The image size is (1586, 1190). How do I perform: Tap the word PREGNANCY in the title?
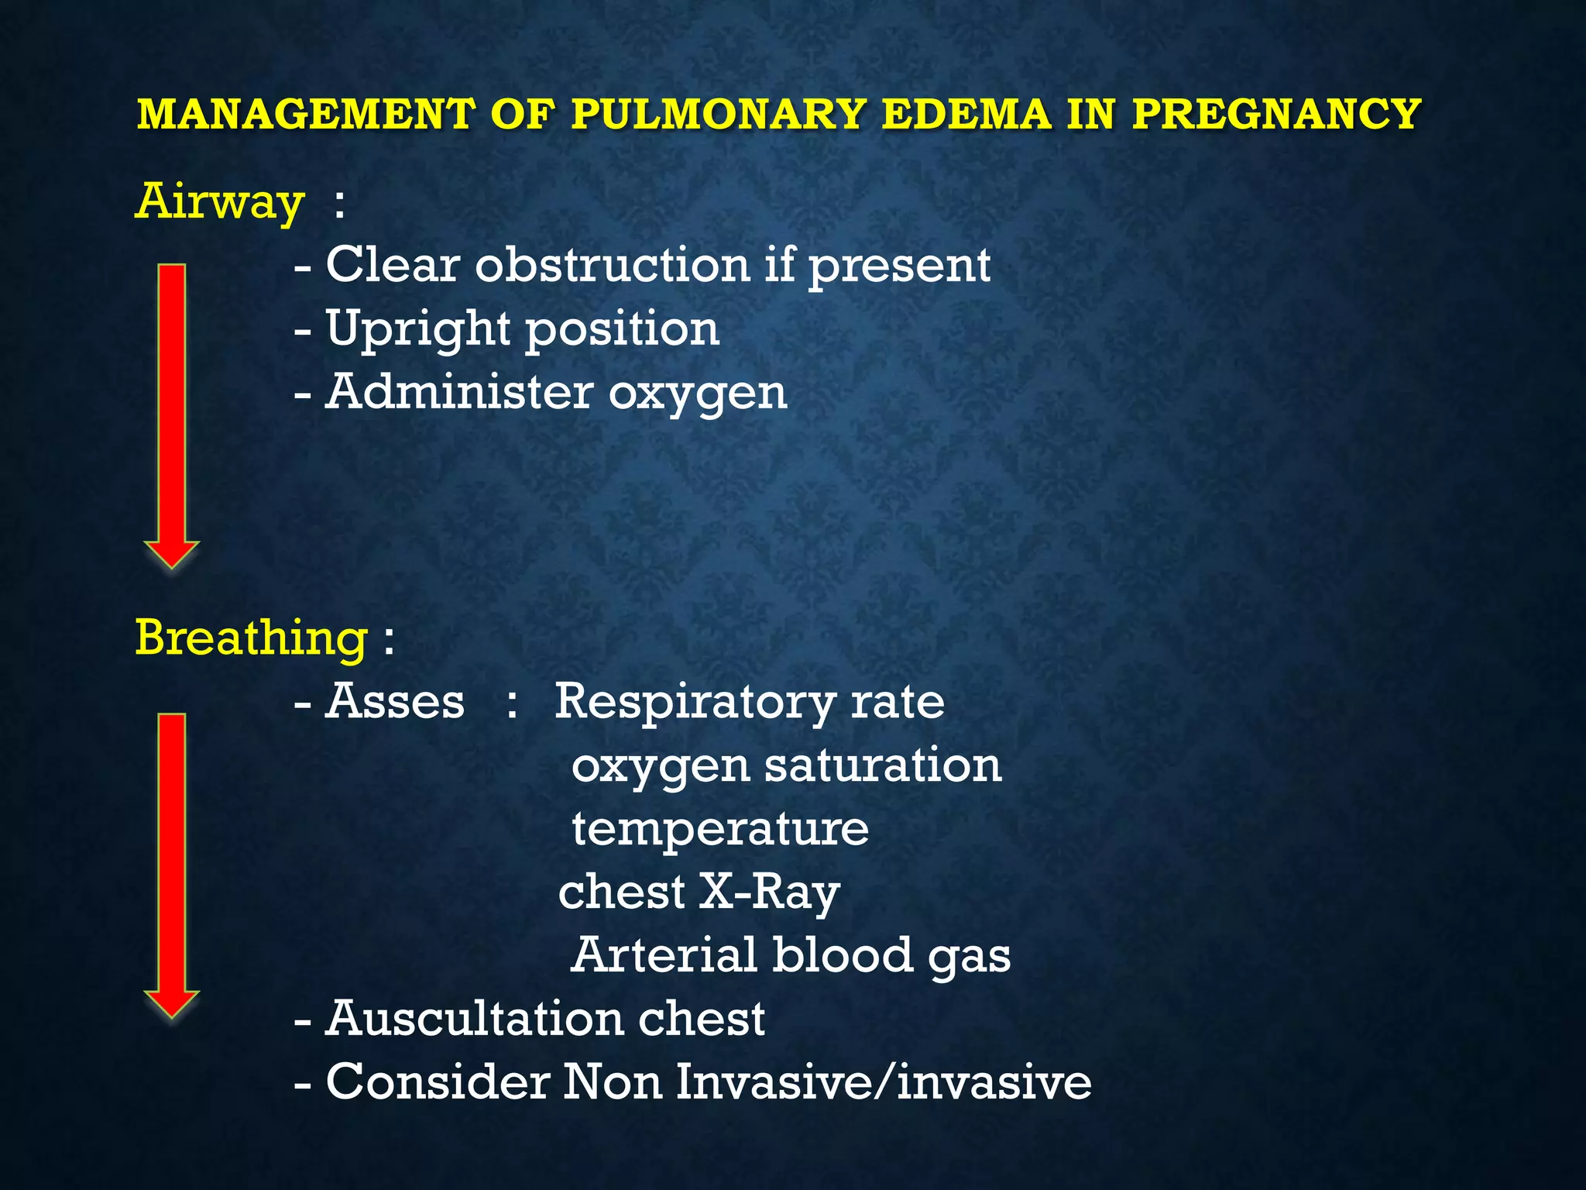(1276, 114)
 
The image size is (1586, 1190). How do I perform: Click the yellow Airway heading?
(220, 202)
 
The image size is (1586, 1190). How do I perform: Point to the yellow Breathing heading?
(252, 638)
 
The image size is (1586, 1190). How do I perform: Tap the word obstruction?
(612, 265)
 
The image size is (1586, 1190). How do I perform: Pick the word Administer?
(458, 392)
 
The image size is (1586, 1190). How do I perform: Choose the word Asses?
(394, 702)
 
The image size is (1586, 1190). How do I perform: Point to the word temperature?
(720, 829)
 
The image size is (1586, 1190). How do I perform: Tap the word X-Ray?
(770, 893)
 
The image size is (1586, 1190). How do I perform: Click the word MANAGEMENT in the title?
(305, 114)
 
